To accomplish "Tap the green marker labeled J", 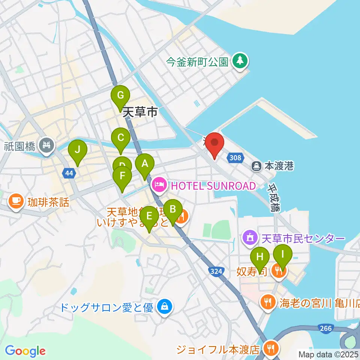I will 78,150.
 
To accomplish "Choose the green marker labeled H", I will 260,257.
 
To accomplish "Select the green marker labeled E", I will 149,216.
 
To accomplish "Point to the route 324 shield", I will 216,271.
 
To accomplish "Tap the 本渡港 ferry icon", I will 257,165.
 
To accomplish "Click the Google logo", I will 25,351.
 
